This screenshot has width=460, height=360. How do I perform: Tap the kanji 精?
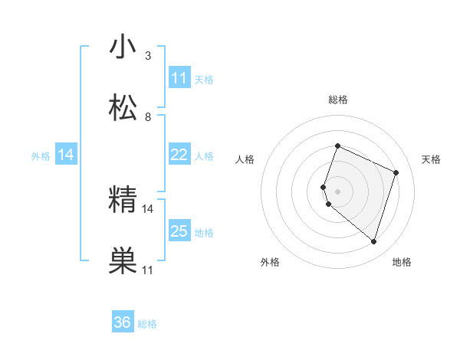tap(123, 200)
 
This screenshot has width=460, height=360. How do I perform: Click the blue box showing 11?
tap(179, 78)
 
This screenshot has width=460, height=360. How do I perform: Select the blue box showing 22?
tap(179, 155)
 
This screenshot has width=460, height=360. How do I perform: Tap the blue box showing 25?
tap(179, 231)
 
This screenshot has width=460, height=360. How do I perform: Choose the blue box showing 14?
tap(66, 155)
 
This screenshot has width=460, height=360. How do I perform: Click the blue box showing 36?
tap(123, 322)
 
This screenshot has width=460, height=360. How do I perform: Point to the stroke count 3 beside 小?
tap(148, 56)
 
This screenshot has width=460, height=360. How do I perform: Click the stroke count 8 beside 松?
tap(148, 117)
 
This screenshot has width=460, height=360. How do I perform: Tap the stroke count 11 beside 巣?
tap(148, 270)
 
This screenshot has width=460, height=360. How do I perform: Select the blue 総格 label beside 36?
tap(147, 324)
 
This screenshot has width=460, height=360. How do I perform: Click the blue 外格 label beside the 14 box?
tap(41, 156)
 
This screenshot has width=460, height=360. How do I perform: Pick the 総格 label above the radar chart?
tap(337, 100)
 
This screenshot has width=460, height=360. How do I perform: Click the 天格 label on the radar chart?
tap(431, 159)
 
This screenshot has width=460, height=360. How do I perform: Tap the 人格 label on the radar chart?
tap(245, 159)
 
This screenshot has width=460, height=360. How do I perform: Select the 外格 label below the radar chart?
tap(270, 262)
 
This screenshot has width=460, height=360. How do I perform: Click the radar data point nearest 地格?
tap(373, 242)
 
